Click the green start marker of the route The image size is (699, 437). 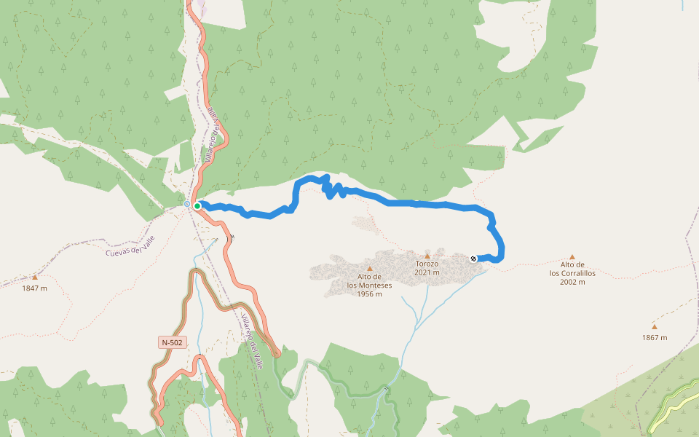point(197,206)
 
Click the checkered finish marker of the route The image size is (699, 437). point(474,259)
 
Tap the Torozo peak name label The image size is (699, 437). point(427,264)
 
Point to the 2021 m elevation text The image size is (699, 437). point(427,272)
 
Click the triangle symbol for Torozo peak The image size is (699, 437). point(427,256)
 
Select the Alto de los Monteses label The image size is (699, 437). point(369,281)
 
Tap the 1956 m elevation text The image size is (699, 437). point(369,294)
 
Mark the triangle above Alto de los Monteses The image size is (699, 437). point(369,269)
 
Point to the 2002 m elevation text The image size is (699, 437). point(572,282)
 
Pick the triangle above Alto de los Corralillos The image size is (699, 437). point(572,256)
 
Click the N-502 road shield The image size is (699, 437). point(173,342)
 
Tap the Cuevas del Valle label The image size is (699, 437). point(132,248)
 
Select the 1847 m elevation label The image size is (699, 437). point(34,288)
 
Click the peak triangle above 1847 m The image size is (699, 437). point(34,277)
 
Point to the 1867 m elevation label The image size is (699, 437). point(655,337)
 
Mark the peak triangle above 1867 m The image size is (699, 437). point(655,326)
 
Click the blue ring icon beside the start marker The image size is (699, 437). point(187,204)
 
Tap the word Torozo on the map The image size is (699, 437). point(427,264)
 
